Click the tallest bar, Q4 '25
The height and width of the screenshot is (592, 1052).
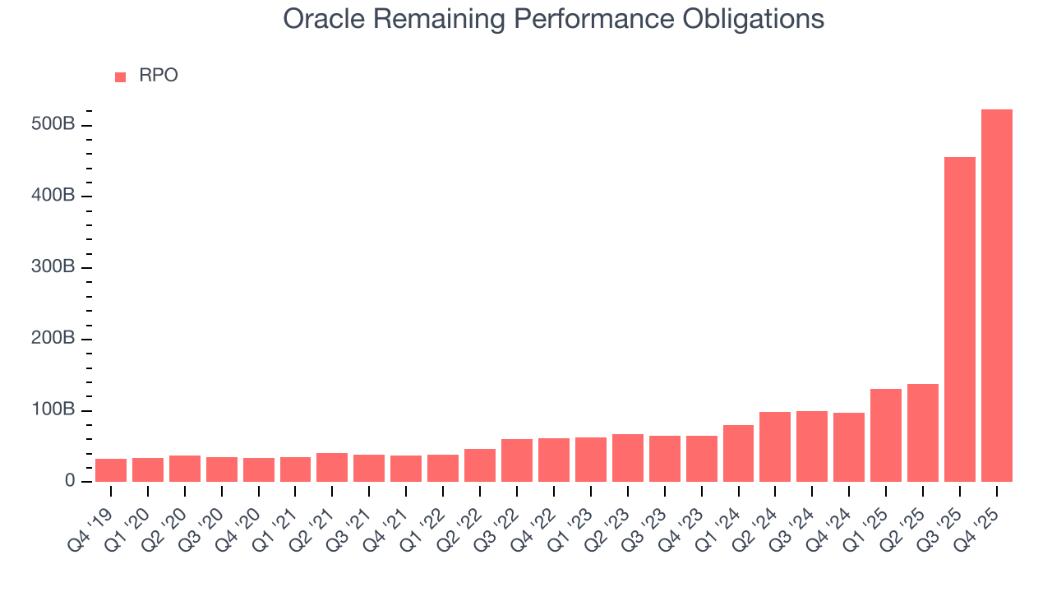(x=996, y=296)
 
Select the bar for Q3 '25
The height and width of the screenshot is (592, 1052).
(x=959, y=321)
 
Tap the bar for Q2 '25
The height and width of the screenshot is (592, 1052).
(x=922, y=433)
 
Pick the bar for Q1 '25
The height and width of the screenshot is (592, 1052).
(x=886, y=436)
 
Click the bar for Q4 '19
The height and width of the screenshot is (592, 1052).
(x=111, y=470)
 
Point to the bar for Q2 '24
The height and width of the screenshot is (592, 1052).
(x=775, y=447)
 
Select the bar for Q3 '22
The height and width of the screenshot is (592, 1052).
(x=517, y=460)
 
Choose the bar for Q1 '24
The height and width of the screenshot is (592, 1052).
(x=738, y=454)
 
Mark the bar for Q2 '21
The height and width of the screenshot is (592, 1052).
(x=332, y=467)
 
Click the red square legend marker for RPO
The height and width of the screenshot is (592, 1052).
(x=121, y=76)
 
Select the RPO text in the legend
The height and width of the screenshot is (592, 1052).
(x=158, y=76)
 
